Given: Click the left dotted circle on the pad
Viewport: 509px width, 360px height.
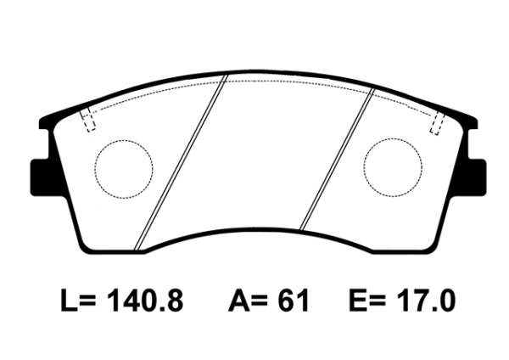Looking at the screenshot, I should point(122,169).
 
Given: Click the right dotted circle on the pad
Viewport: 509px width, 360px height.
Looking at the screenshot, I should point(394,168).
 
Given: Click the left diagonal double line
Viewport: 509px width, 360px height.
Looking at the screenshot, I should point(182,161).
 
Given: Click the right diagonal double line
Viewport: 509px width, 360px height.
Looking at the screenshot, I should point(338,161).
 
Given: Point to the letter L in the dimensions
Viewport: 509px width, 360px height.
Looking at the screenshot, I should point(70,301).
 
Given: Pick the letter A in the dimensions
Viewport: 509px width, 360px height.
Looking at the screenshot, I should point(239,301).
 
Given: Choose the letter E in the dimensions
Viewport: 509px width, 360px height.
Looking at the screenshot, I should point(359,301).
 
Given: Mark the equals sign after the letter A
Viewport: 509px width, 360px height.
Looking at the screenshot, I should point(263,302).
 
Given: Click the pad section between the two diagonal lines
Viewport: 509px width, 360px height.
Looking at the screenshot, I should point(259,153).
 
